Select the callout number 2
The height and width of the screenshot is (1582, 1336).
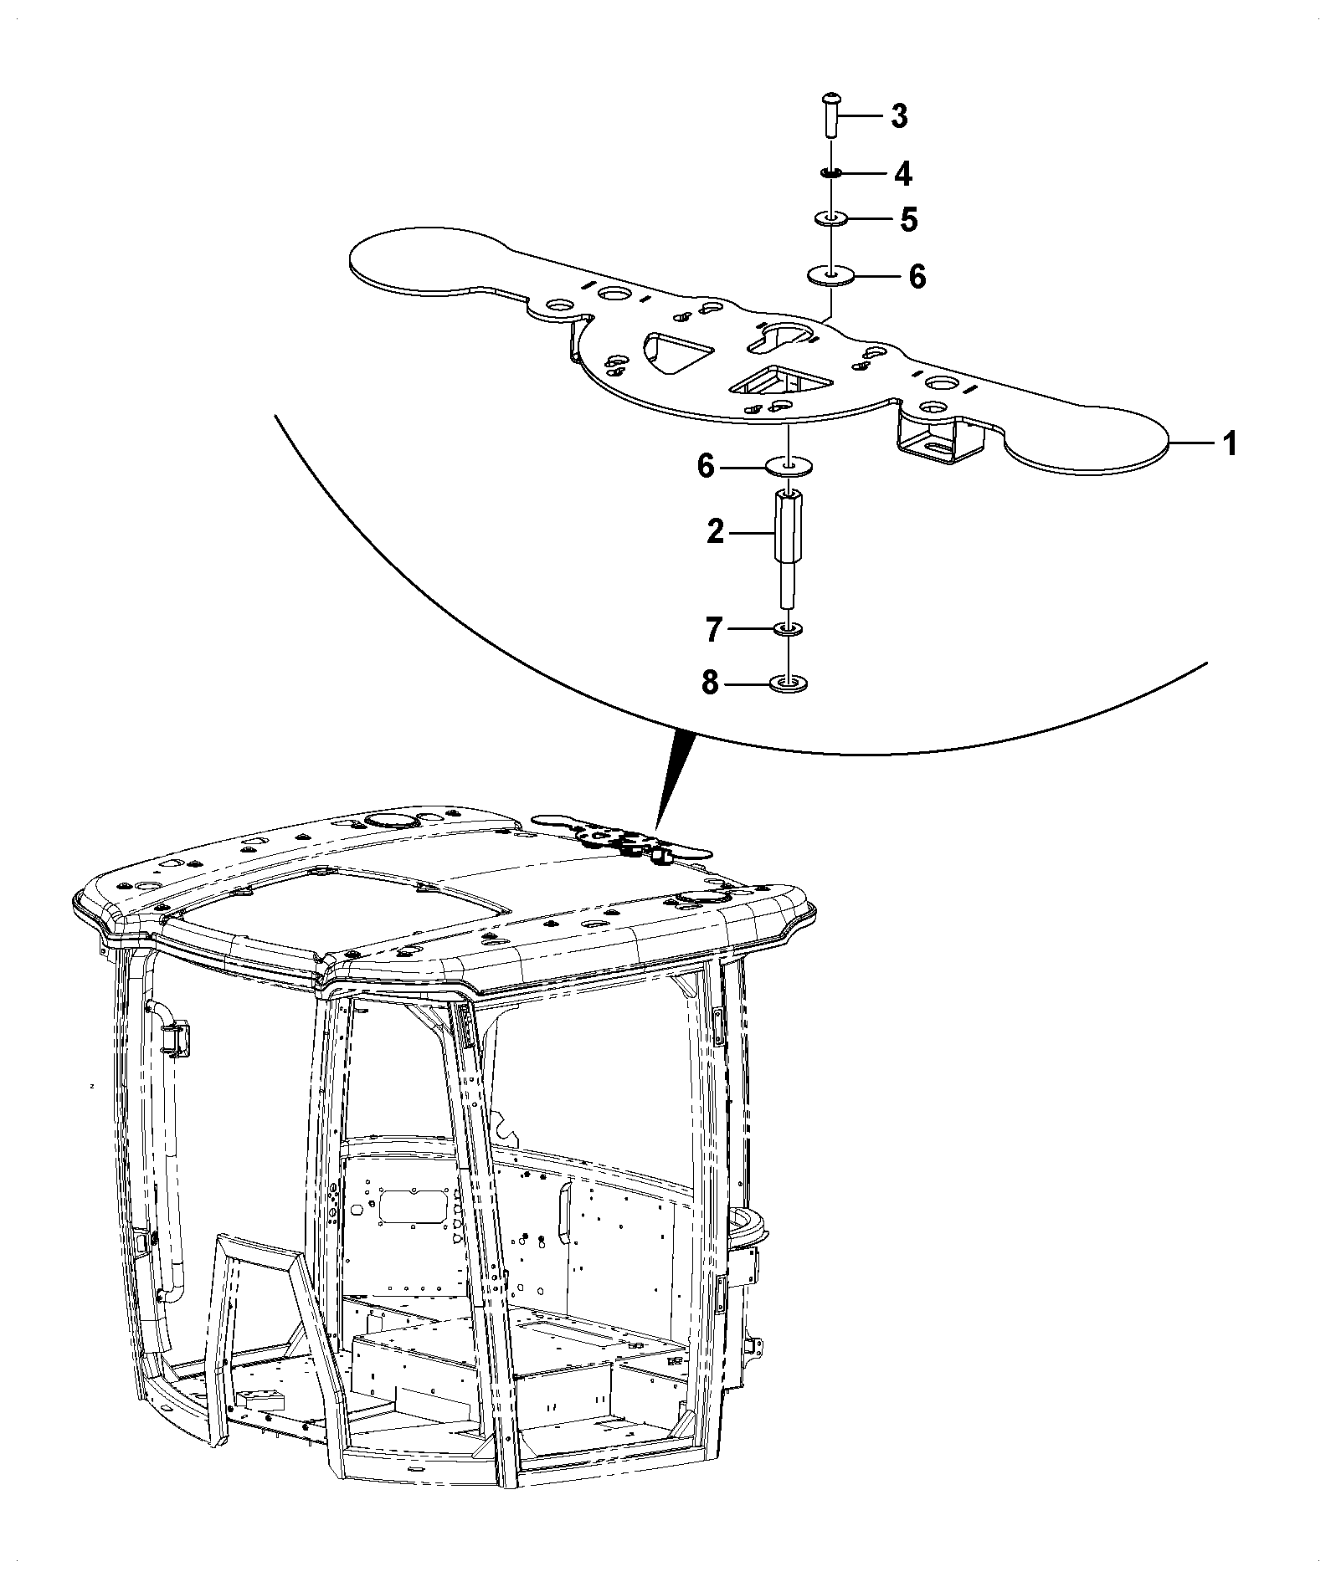(715, 531)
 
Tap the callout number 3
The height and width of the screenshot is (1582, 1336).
(899, 116)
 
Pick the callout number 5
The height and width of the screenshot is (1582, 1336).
(908, 220)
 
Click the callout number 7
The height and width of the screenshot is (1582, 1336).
(713, 630)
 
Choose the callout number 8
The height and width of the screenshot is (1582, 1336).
(710, 683)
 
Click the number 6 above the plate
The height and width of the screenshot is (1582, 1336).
(917, 276)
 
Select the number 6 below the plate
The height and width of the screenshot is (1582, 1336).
(706, 466)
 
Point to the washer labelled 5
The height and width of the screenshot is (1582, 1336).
(830, 219)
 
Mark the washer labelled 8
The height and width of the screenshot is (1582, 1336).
(787, 683)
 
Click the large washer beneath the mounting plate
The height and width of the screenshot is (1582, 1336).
(789, 467)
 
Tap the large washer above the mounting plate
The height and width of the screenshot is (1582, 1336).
(830, 275)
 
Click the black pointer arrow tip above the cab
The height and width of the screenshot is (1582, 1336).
(658, 832)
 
